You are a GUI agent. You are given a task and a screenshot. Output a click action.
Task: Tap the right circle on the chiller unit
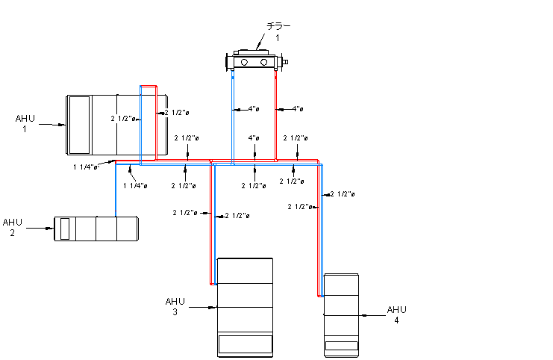click(x=263, y=62)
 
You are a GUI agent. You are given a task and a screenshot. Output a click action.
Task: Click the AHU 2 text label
click(x=13, y=227)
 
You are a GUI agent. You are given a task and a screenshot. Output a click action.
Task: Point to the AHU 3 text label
click(x=175, y=306)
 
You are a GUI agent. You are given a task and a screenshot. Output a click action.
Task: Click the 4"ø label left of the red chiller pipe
click(x=254, y=109)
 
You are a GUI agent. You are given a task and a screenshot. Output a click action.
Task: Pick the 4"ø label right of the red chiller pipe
click(x=298, y=109)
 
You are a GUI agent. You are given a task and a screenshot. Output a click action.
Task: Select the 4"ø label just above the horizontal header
click(x=254, y=138)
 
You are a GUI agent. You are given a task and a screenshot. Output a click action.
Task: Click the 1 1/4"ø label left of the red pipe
click(x=86, y=167)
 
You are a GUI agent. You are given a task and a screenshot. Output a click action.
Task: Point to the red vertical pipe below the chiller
click(x=276, y=112)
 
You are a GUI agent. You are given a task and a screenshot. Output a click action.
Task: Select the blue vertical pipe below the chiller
click(x=232, y=112)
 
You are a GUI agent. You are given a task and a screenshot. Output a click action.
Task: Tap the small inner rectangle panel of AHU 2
click(x=65, y=229)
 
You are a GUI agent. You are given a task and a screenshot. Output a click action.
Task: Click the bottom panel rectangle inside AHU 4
click(x=341, y=346)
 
